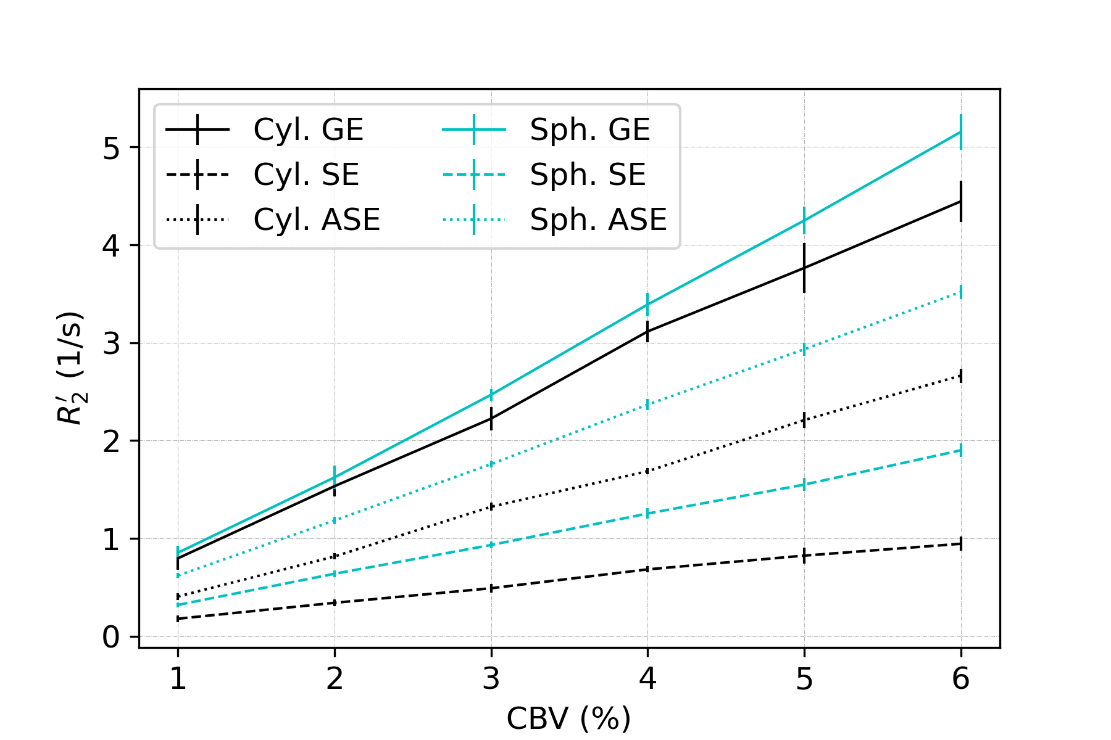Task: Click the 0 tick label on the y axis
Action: coord(111,637)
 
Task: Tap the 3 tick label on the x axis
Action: coord(491,680)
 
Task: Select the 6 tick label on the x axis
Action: coord(960,680)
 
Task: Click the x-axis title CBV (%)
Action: coord(568,718)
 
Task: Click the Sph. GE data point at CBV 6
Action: coord(960,132)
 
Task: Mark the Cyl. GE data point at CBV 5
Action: coord(804,268)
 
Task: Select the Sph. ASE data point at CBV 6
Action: coord(960,292)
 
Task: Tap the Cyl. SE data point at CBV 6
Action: coord(960,544)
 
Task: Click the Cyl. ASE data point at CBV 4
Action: coord(647,471)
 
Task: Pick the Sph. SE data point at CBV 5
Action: coord(804,485)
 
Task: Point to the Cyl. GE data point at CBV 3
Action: coord(491,419)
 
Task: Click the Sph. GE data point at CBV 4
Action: coord(647,305)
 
